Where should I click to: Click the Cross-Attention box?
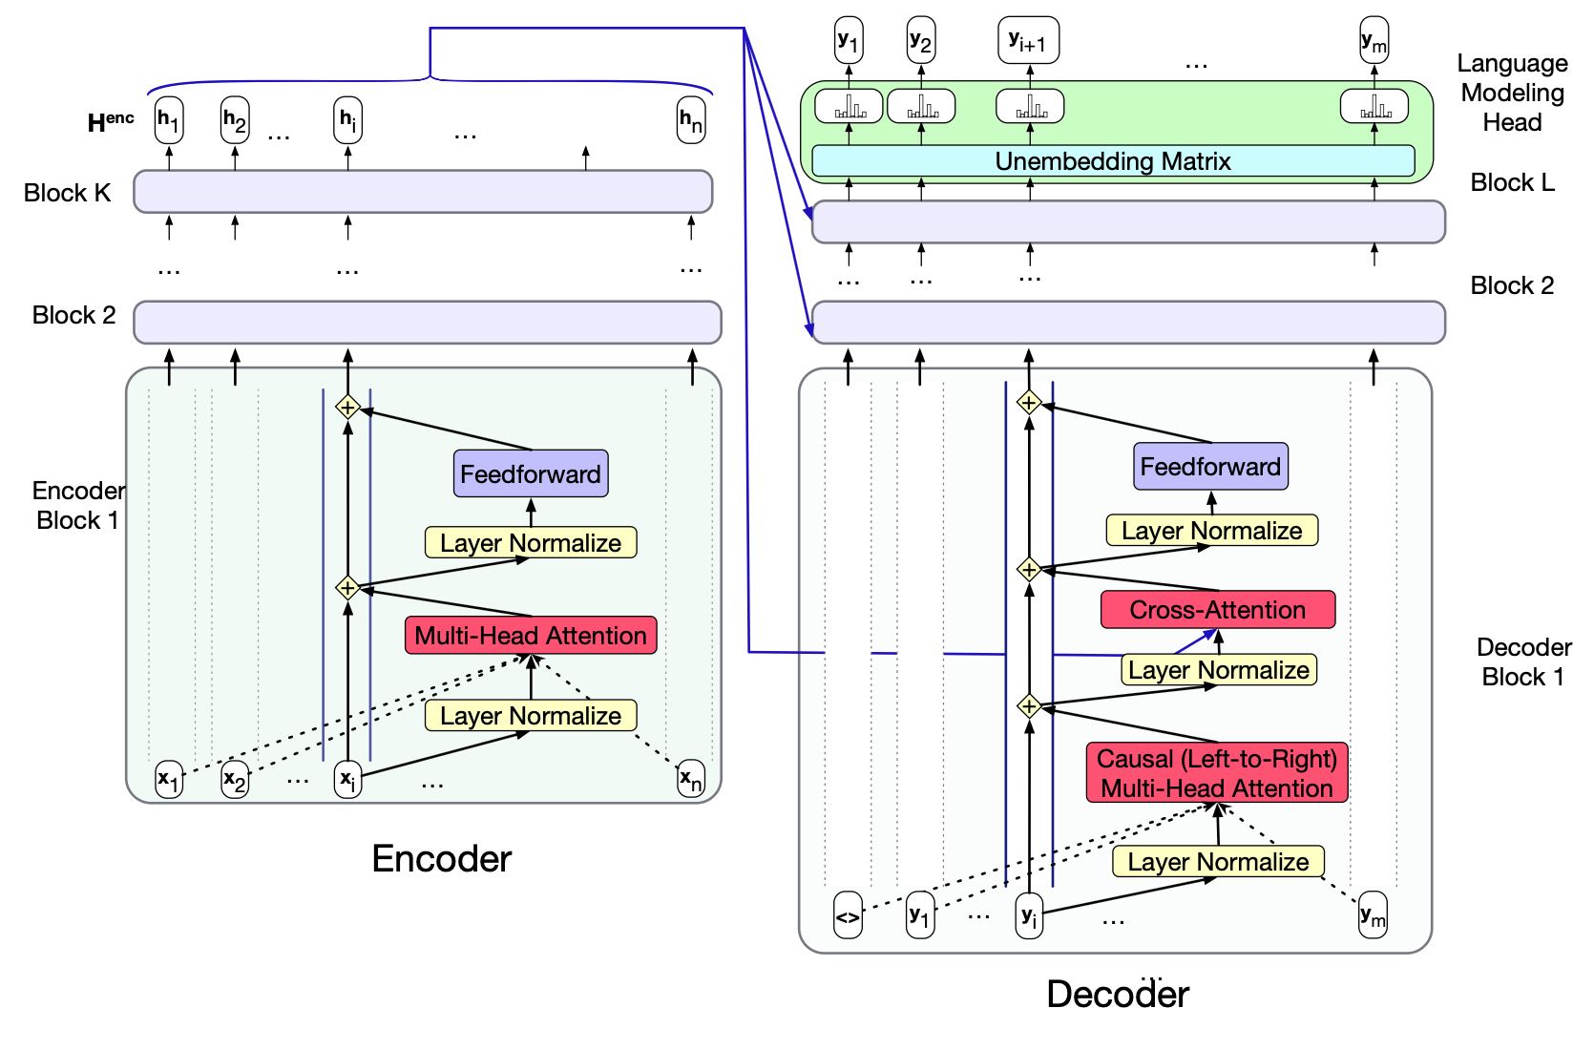pos(1217,610)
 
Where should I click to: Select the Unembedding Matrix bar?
pos(1113,161)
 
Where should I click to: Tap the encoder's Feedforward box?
pos(531,473)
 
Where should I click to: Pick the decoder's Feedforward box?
pos(1210,467)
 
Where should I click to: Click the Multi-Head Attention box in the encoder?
pos(531,636)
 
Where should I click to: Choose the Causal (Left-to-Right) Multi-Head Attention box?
pos(1217,773)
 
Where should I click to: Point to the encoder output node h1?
pos(169,120)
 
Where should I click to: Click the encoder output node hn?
pos(691,120)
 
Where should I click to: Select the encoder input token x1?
pos(169,779)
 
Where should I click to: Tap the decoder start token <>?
pos(848,916)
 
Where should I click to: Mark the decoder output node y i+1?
pos(1028,41)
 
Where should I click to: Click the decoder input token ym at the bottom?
pos(1373,916)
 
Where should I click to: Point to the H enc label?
pos(111,122)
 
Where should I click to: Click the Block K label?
pos(67,193)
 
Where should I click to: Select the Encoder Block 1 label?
pos(78,506)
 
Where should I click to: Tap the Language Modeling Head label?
pos(1512,93)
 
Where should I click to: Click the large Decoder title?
pos(1118,995)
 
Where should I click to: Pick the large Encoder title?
pos(441,859)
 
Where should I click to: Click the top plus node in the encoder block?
pos(347,408)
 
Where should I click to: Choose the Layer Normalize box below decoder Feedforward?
pos(1212,531)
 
